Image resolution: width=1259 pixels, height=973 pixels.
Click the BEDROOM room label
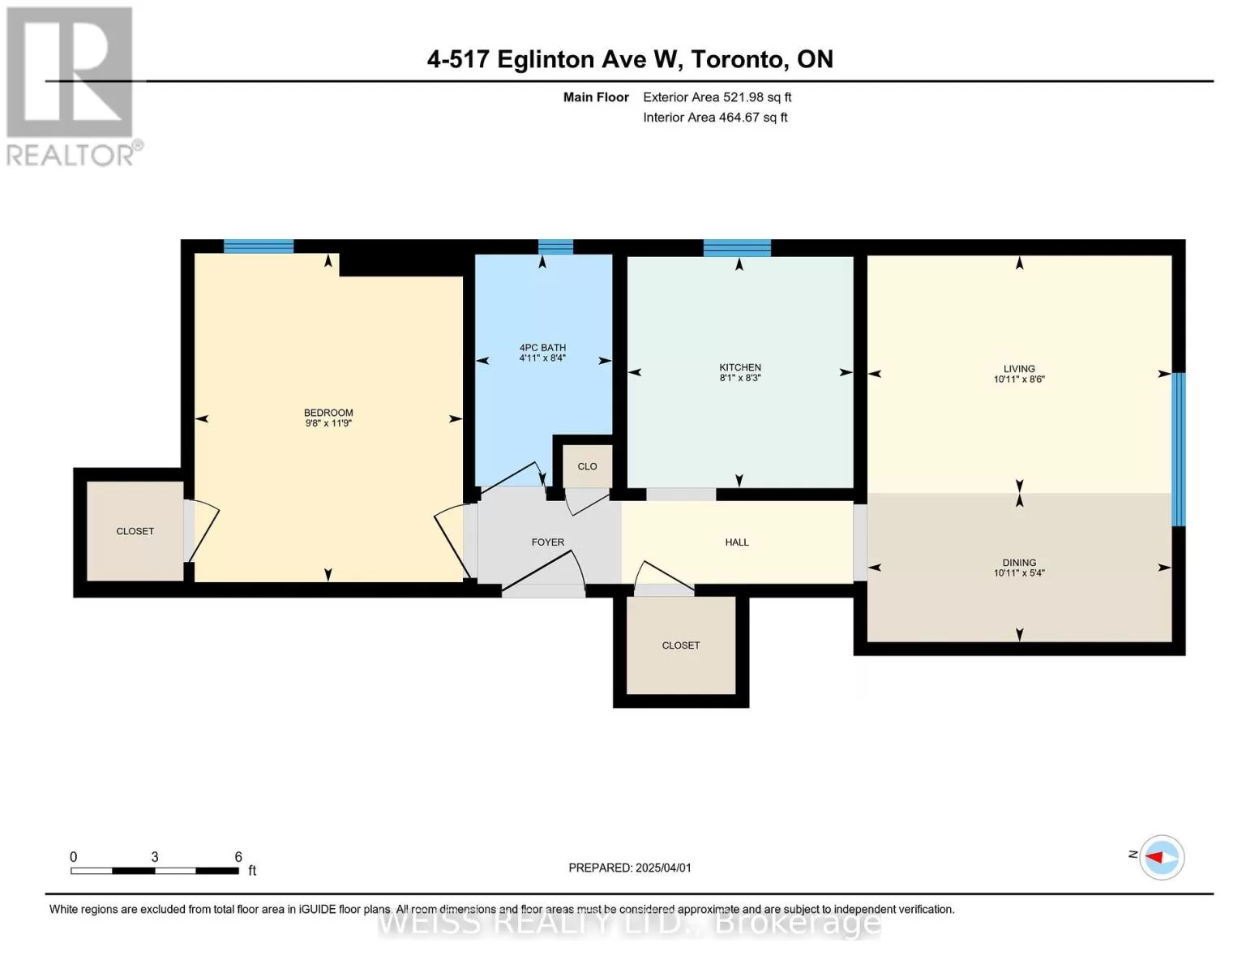328,413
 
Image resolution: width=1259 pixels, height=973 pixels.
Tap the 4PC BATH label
542,348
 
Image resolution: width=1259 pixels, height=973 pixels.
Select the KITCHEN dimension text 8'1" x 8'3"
740,378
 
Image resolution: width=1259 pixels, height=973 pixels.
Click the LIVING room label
1019,368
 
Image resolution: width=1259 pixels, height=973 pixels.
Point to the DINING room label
1019,562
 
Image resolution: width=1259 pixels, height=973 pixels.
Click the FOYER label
548,542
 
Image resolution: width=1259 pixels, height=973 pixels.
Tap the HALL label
737,542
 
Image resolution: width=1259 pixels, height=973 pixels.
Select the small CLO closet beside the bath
587,466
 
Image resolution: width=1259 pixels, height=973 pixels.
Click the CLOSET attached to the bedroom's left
135,531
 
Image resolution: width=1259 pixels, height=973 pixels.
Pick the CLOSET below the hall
681,645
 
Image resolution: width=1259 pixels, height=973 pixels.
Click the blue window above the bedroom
259,246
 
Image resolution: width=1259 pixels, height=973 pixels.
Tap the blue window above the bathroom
555,246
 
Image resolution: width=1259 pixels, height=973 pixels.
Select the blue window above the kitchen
737,247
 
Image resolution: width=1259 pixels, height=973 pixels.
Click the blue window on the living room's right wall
1179,449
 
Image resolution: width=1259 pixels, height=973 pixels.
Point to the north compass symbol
1162,857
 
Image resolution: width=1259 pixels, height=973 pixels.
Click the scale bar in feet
154,871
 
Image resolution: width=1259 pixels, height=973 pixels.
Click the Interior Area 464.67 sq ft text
715,118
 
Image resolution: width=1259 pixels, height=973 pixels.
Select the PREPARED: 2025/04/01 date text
630,868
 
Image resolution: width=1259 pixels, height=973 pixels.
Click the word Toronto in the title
738,59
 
